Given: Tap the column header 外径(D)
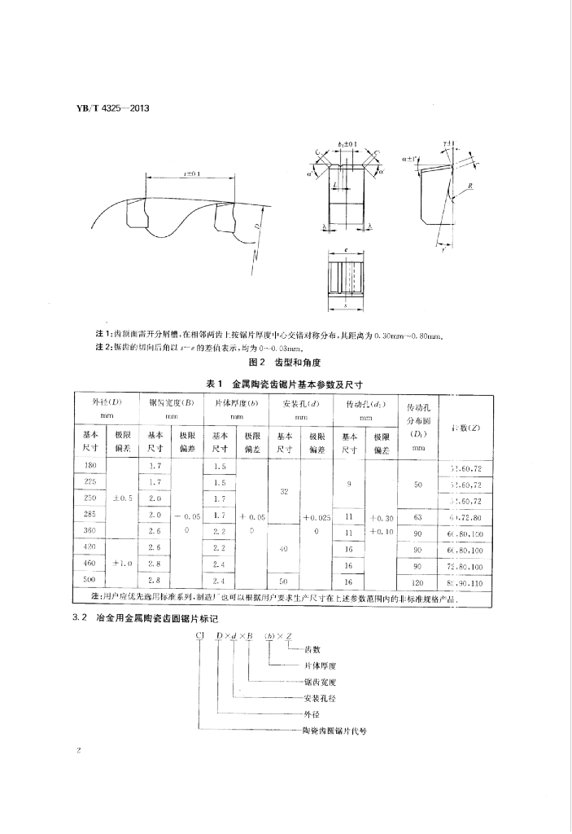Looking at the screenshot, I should coord(107,403).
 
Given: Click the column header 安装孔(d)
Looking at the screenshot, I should coord(295,403).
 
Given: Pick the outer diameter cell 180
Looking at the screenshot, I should coord(90,466).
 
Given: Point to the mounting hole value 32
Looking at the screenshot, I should coord(284,491).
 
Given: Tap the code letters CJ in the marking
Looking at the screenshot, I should coord(199,634).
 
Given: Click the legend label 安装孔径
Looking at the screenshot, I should coord(319,697).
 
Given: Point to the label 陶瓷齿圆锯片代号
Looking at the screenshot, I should coord(334,731).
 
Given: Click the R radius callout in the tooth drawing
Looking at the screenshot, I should coord(472,187).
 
